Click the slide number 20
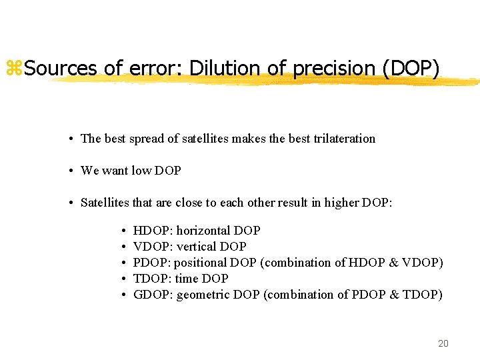[443, 343]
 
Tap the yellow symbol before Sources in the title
[14, 68]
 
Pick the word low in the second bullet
[141, 171]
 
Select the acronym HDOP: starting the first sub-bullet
[153, 231]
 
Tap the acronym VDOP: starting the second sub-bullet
[153, 247]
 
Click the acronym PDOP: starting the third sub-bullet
[153, 263]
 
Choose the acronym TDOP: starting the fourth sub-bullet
[153, 279]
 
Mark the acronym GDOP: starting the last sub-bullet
[153, 295]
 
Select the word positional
[200, 263]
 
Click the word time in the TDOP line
[186, 279]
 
